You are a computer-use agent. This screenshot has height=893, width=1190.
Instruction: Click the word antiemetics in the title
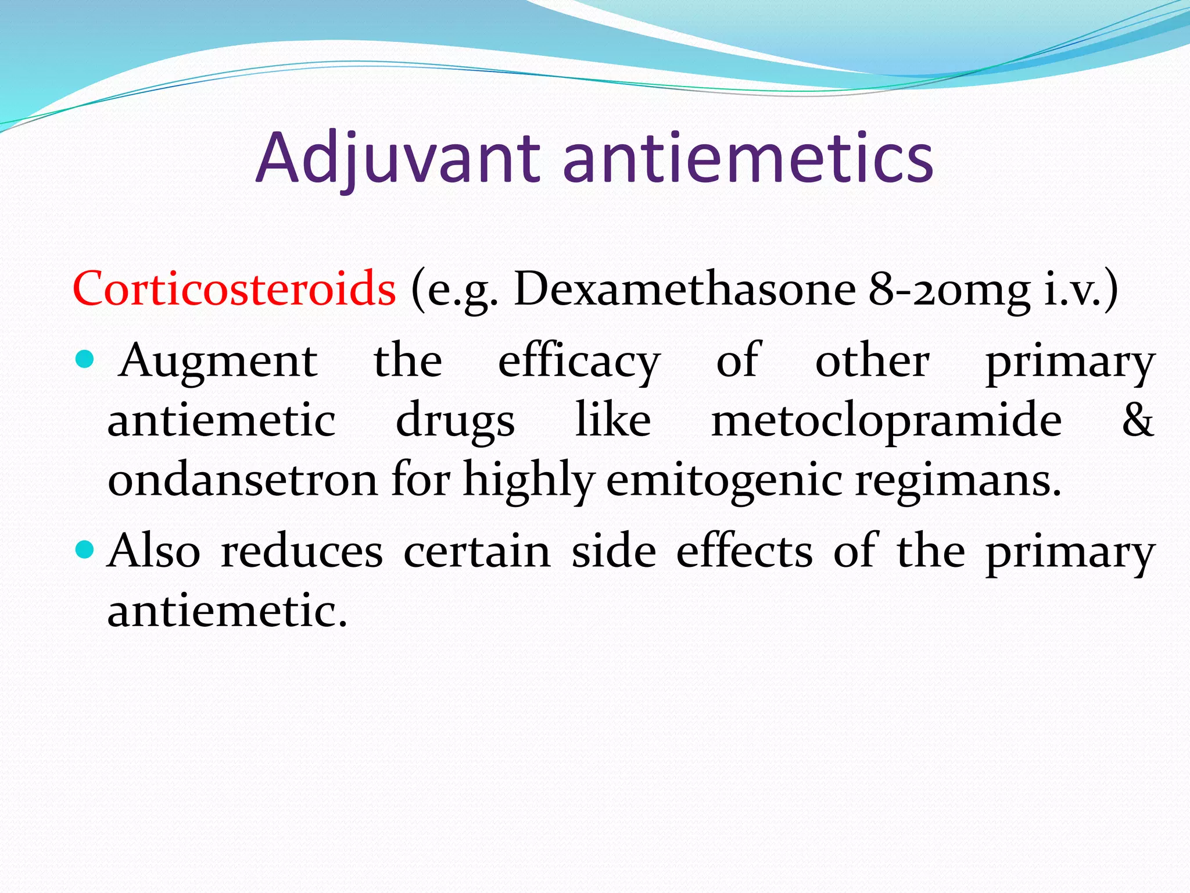[748, 158]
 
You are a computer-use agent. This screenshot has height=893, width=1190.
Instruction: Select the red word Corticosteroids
[234, 288]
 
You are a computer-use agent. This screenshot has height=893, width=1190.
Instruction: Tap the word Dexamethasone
[684, 288]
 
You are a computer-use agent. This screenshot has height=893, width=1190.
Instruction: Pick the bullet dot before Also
[85, 549]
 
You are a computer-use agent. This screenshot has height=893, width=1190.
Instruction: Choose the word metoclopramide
[887, 422]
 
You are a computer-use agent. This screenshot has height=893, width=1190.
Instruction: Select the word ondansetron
[243, 480]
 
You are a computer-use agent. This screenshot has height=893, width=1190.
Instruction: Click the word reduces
[302, 551]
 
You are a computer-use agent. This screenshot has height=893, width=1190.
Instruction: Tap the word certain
[477, 551]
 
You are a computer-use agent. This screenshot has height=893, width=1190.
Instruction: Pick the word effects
[744, 551]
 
